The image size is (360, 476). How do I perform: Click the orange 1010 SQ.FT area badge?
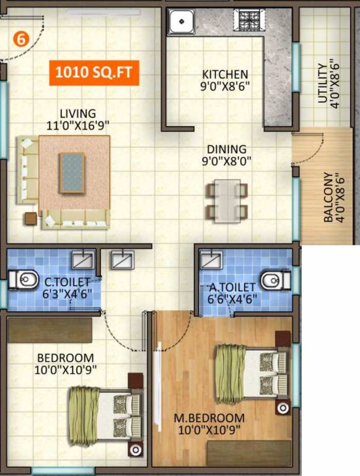(x=94, y=73)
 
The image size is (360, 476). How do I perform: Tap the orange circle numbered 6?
(x=20, y=38)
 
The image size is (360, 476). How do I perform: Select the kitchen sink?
(x=182, y=22)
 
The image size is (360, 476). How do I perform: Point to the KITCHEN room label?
(x=225, y=74)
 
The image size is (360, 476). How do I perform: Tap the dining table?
(x=227, y=200)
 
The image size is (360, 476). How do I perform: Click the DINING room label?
(x=227, y=149)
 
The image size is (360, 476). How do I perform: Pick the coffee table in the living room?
(x=72, y=173)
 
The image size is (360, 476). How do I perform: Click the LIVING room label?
(x=77, y=113)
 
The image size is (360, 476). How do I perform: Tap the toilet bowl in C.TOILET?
(x=22, y=281)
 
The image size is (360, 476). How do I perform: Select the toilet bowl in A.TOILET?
(x=274, y=281)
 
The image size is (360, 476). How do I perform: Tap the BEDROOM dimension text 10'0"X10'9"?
(x=66, y=369)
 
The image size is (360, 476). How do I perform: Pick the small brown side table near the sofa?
(x=30, y=218)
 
